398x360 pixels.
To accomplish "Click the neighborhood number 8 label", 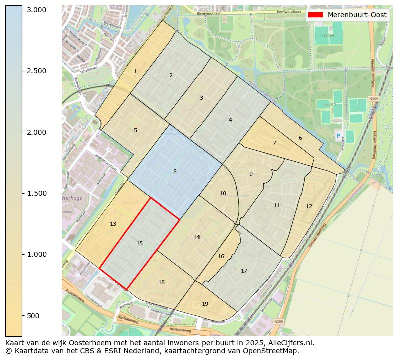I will click(175, 171).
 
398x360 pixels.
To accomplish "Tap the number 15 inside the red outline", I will click(140, 243).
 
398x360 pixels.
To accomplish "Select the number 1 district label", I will click(135, 72).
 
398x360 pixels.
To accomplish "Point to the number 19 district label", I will click(205, 304).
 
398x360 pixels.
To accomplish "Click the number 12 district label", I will click(309, 206).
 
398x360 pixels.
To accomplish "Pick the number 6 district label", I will click(300, 138).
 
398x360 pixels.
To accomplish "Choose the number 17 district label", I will click(244, 271).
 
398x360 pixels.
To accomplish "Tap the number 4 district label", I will click(230, 120).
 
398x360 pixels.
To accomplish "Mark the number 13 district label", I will click(113, 224).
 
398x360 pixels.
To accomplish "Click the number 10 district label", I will click(223, 193).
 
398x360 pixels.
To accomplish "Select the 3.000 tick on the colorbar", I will click(36, 10).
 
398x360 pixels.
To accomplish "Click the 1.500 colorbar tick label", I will click(36, 193).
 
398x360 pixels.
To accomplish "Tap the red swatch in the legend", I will click(316, 15).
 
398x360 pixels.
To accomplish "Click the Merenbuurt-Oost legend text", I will click(357, 15).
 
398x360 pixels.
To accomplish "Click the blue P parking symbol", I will click(338, 136).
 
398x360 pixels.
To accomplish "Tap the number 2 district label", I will click(171, 75).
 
